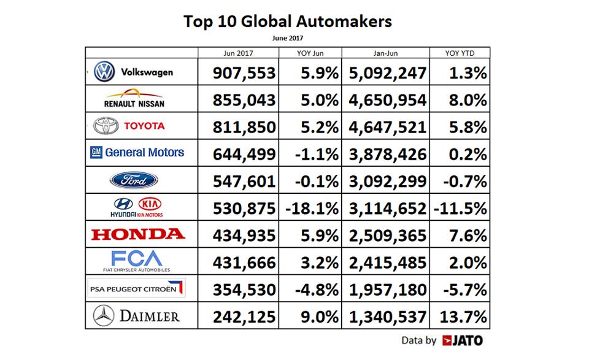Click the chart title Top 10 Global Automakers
coord(287,22)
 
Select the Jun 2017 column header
coord(238,53)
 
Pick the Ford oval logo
coord(134,180)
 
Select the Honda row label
coord(137,234)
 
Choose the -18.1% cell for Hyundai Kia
coord(312,208)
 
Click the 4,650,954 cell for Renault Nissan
coord(387,101)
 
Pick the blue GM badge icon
coord(96,153)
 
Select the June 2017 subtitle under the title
coord(287,38)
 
